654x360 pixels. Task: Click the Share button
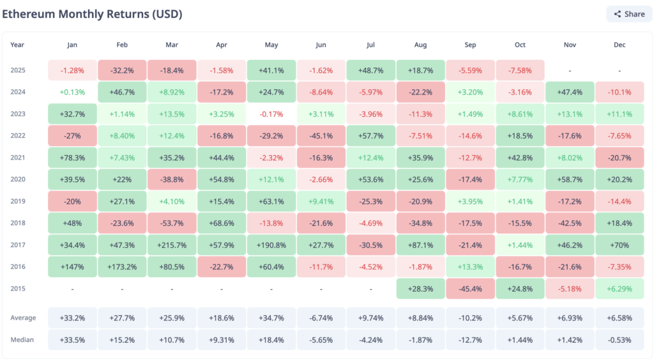629,14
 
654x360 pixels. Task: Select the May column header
271,45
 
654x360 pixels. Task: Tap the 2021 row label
17,158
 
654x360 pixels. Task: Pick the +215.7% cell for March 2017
172,244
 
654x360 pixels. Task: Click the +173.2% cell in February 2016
122,266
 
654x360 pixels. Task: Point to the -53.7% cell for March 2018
172,223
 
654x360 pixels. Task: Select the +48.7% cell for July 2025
371,70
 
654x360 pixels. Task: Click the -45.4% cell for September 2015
470,288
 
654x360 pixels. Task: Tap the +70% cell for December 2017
620,244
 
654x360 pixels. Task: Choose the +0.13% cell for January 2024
72,92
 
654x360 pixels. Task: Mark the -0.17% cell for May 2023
271,114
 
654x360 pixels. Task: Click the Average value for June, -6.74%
321,318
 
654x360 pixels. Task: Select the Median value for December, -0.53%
620,340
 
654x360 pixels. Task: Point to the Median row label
22,340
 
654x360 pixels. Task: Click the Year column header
17,45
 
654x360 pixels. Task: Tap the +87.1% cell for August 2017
421,244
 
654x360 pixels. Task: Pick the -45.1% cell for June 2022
321,136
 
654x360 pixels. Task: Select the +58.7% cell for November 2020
570,179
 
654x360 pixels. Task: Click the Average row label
23,318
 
